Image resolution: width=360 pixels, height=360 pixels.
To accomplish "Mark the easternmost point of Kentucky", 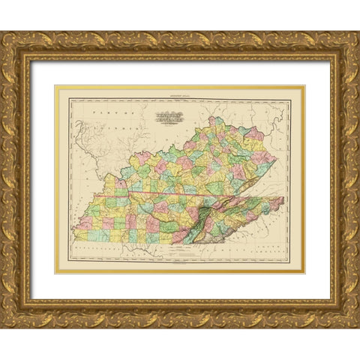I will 275,160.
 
